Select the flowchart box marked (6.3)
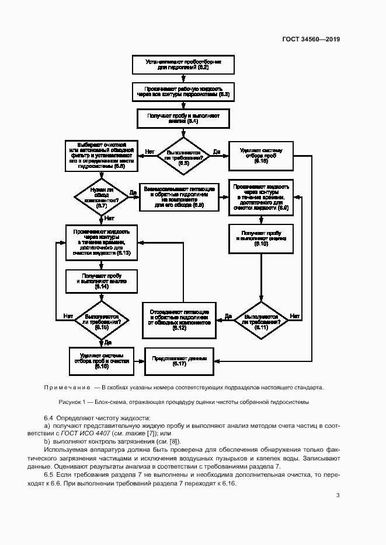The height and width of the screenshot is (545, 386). click(183, 91)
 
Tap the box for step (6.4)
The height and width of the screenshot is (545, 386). click(183, 118)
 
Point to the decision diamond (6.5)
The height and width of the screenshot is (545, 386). click(183, 156)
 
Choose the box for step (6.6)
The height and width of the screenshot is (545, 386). click(100, 155)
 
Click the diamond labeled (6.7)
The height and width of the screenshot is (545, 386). click(100, 199)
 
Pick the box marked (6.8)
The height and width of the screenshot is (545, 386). click(179, 198)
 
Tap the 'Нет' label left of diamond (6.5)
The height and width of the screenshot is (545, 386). click(149, 152)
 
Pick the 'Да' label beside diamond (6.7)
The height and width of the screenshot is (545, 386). click(133, 192)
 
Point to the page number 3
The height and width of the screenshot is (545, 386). click(338, 495)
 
